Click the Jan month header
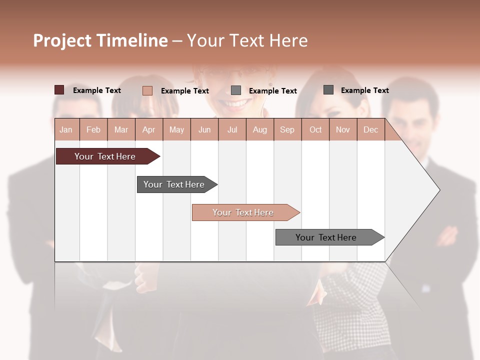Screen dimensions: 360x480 point(66,129)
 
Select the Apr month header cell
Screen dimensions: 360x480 point(149,129)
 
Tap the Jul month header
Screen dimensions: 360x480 point(232,129)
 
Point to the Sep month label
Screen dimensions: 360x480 point(287,129)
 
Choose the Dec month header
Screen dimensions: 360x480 point(370,129)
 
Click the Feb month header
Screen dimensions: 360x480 point(93,129)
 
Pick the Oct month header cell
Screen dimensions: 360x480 point(315,129)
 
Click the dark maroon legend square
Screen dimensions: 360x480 point(59,90)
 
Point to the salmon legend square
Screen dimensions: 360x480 point(147,90)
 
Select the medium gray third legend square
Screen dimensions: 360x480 point(236,90)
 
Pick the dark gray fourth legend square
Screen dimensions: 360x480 point(328,90)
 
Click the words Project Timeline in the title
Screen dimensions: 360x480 point(100,40)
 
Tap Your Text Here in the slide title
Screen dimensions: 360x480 point(247,40)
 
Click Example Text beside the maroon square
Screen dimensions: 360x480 point(96,90)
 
